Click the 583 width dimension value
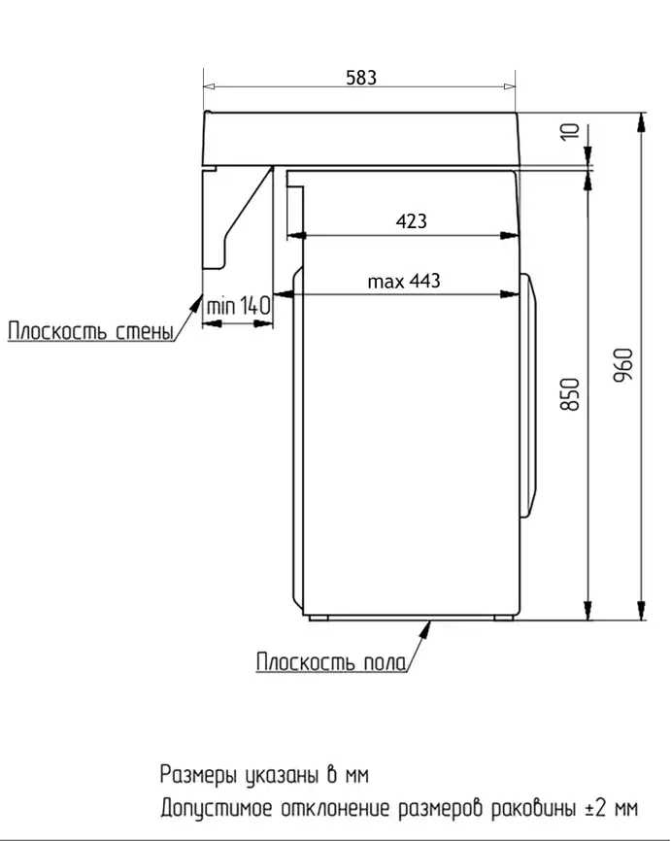click(361, 78)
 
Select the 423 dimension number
click(411, 221)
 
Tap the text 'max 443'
click(403, 281)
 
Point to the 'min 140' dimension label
click(237, 306)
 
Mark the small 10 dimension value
click(571, 131)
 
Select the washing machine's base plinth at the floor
click(409, 617)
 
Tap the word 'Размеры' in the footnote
click(198, 775)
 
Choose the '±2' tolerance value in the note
click(597, 808)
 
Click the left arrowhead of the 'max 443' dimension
click(285, 293)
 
